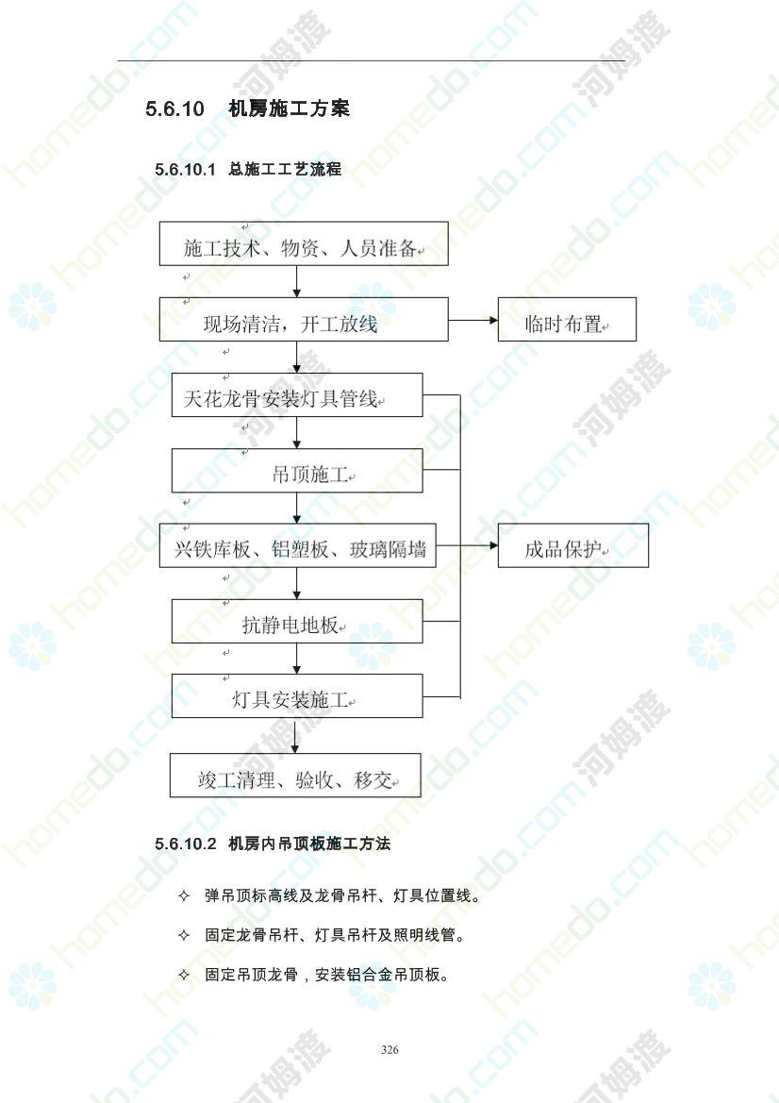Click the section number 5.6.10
point(174,109)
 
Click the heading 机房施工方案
point(289,109)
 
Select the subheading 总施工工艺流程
point(285,169)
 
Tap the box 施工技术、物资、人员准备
point(304,243)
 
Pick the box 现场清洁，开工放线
point(304,319)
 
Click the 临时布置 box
point(567,319)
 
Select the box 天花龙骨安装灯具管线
point(297,394)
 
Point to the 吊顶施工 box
point(297,471)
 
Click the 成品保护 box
point(573,545)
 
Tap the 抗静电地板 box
point(297,621)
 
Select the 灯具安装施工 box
point(297,695)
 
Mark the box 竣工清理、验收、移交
point(295,776)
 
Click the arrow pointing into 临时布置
point(473,320)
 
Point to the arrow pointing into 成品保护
point(467,546)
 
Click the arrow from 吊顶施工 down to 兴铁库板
point(297,508)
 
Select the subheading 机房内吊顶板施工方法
point(309,844)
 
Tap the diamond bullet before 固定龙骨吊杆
point(184,936)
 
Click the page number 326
point(389,1049)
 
